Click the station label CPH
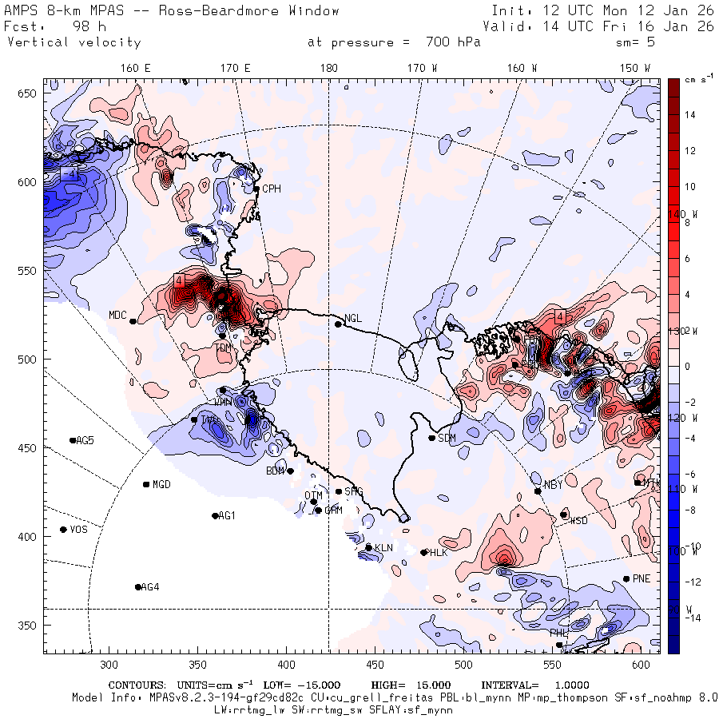(272, 189)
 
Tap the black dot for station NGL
(338, 324)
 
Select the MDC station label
(117, 315)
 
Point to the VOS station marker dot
(63, 530)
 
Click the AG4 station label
(149, 587)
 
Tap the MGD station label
(161, 485)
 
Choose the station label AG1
(227, 516)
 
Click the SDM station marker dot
(432, 438)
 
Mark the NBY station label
(553, 485)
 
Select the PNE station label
(641, 578)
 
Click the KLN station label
(384, 547)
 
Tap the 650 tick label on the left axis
(29, 93)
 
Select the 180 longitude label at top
(328, 68)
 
